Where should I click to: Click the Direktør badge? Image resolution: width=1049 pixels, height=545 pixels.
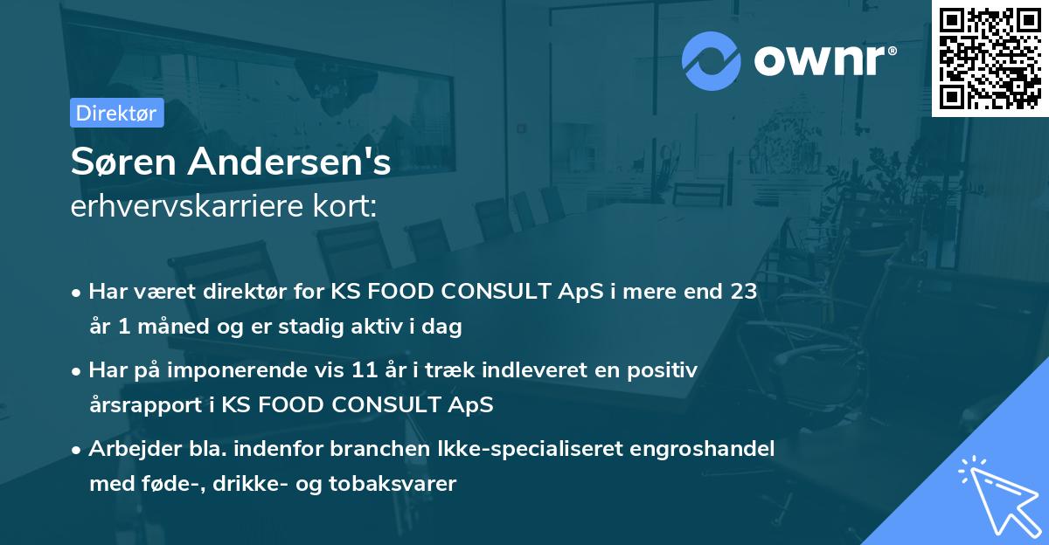coord(116,113)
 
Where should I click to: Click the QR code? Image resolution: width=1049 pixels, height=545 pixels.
coord(990,58)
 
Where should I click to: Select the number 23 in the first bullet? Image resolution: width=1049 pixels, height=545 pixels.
coord(743,292)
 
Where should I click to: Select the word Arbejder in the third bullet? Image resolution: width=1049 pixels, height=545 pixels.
coord(126,449)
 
